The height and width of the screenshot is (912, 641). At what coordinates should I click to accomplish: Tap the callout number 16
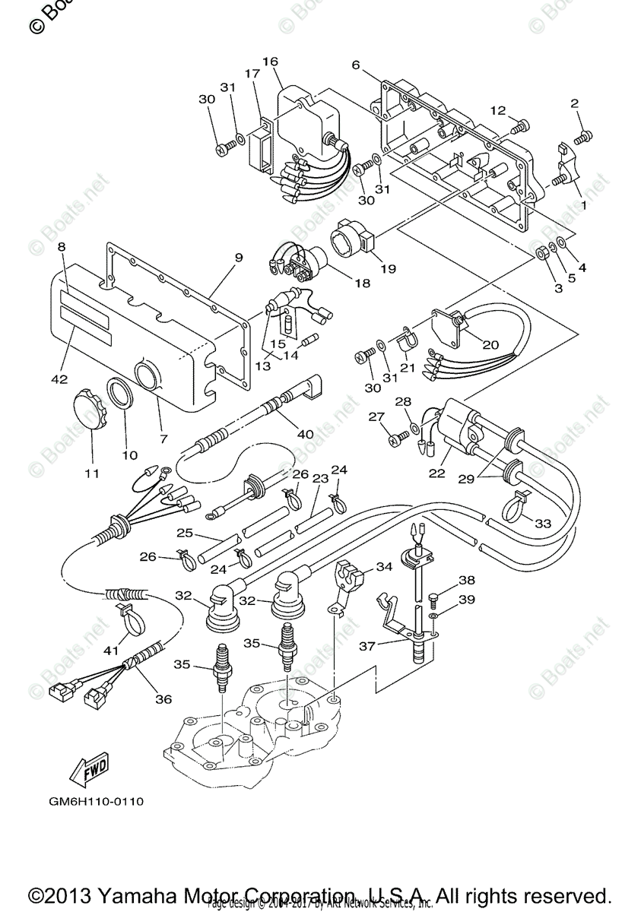pos(271,62)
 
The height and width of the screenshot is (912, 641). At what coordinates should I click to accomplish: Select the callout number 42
pos(59,378)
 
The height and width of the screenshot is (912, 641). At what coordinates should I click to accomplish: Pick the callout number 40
pos(305,434)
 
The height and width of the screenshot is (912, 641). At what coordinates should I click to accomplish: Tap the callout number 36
pos(163,698)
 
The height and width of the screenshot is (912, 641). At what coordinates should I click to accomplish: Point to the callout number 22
pos(436,472)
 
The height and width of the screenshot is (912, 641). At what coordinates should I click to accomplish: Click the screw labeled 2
pos(582,137)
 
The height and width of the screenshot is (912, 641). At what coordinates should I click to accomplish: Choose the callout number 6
pos(355,65)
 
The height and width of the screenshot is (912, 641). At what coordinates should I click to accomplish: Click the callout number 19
pos(388,268)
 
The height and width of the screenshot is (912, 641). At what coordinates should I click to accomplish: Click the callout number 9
pos(238,258)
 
